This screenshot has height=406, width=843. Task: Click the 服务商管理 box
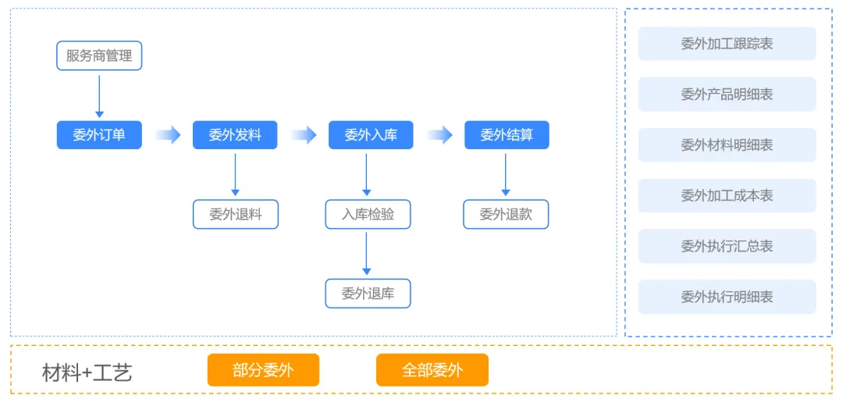tap(99, 55)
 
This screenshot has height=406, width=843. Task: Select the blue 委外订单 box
tap(99, 134)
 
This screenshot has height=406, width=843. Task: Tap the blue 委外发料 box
tap(235, 134)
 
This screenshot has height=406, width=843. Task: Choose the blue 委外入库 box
tap(371, 134)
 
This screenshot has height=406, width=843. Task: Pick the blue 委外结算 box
tap(507, 134)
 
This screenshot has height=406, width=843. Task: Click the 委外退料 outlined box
tap(236, 215)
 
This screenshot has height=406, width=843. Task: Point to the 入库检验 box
tap(368, 215)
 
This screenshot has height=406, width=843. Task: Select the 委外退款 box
tap(506, 215)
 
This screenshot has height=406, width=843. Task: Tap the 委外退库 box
tap(368, 294)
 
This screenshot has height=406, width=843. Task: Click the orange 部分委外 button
tap(264, 370)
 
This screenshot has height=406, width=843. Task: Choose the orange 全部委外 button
tap(432, 370)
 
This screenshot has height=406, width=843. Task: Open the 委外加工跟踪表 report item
tap(727, 44)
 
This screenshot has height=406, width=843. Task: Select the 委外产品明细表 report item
tap(727, 94)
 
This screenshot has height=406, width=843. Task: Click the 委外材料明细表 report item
tap(727, 144)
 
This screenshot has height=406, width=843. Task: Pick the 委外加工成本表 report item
tap(727, 195)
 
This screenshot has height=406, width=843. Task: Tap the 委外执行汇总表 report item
tap(727, 246)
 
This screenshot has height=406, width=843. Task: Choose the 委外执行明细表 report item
tap(727, 296)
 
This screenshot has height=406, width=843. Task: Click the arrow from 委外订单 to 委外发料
tap(168, 134)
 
